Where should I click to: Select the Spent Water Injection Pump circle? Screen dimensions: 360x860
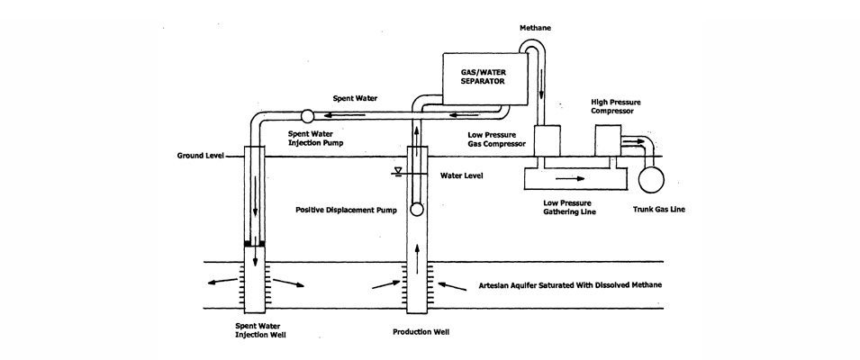coord(305,115)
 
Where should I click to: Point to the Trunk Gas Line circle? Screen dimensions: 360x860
coord(650,178)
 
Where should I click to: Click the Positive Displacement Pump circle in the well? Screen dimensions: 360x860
coord(416,209)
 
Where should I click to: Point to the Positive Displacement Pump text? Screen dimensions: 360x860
coord(346,211)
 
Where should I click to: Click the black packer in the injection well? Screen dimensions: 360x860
coord(255,243)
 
